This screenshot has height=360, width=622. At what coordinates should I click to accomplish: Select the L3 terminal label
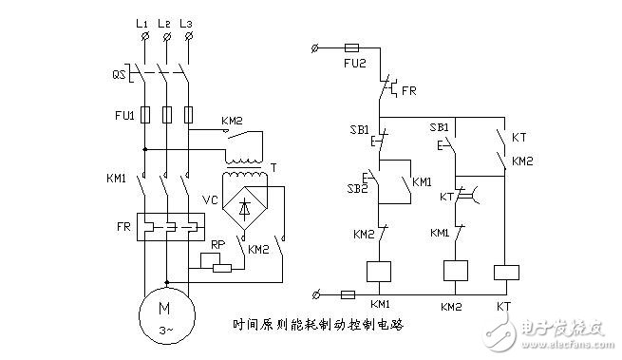tap(191, 20)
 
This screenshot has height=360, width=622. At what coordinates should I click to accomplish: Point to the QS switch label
tap(120, 73)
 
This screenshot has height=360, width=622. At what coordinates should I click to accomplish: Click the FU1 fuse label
tap(115, 114)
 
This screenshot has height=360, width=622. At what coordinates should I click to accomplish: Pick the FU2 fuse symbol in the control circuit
tap(349, 47)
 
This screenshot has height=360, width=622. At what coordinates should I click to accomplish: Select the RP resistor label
tap(217, 244)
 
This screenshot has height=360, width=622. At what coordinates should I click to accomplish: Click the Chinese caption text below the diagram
tap(319, 324)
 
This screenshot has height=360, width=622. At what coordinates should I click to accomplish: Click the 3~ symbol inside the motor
tap(166, 330)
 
